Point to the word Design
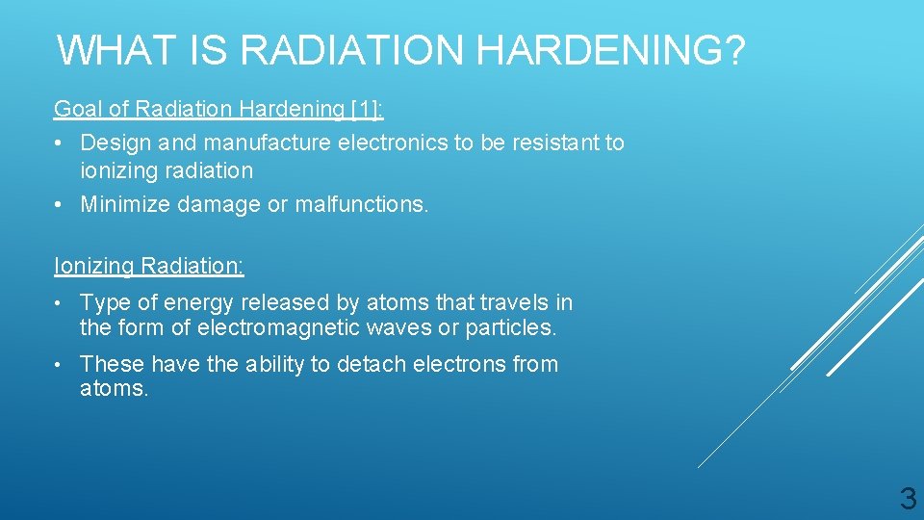(115, 143)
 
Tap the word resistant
(552, 143)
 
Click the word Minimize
(125, 204)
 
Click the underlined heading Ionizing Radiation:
(149, 266)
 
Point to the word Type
(105, 302)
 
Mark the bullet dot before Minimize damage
(61, 204)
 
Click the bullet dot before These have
(61, 364)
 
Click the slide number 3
(907, 499)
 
